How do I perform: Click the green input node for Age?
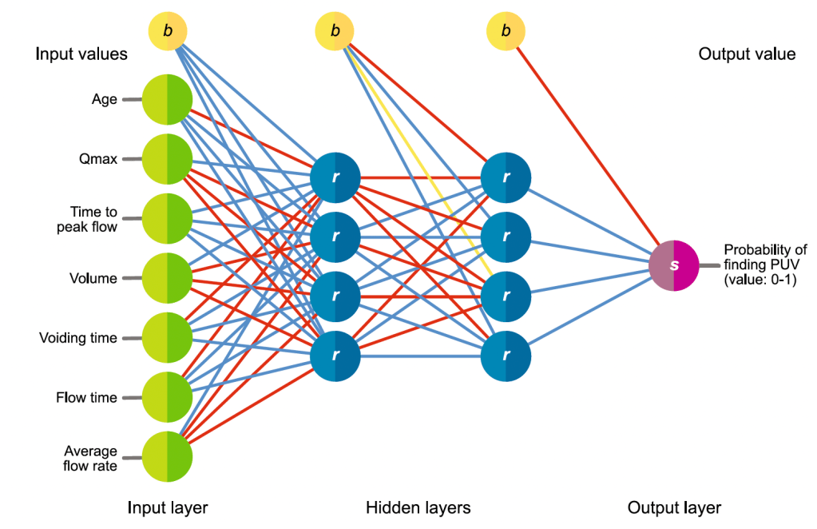(167, 100)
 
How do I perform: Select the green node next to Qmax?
(167, 159)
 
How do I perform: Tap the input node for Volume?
(167, 278)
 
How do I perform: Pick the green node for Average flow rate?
(167, 457)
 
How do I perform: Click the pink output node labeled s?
(673, 264)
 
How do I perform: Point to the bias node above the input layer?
(168, 31)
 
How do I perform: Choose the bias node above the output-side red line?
(506, 31)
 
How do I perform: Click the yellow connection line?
(415, 160)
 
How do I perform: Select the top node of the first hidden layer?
(335, 176)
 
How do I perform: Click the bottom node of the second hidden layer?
(506, 353)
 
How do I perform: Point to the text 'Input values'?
(81, 54)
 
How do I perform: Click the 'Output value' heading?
(747, 54)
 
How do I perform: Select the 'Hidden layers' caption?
(418, 507)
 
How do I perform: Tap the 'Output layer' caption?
(674, 507)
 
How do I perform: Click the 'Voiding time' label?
(78, 338)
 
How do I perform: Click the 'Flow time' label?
(86, 397)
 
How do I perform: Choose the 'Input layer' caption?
(167, 507)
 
